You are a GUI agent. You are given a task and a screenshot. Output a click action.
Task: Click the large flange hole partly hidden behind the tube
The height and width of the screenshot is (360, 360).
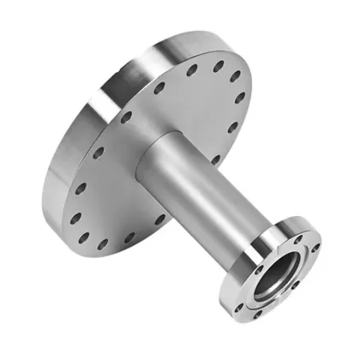pyautogui.click(x=214, y=159)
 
